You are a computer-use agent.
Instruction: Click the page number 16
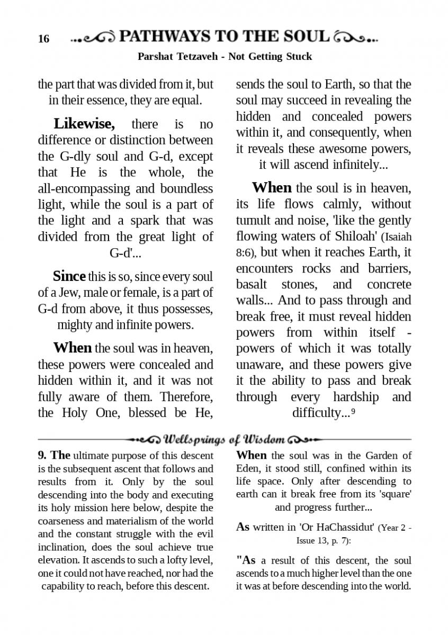pos(43,39)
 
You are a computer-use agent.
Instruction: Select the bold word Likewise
pos(84,124)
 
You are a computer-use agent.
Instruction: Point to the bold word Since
pos(69,276)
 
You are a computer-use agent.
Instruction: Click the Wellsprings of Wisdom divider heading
pos(225,440)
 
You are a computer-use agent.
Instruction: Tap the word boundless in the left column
pos(185,188)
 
